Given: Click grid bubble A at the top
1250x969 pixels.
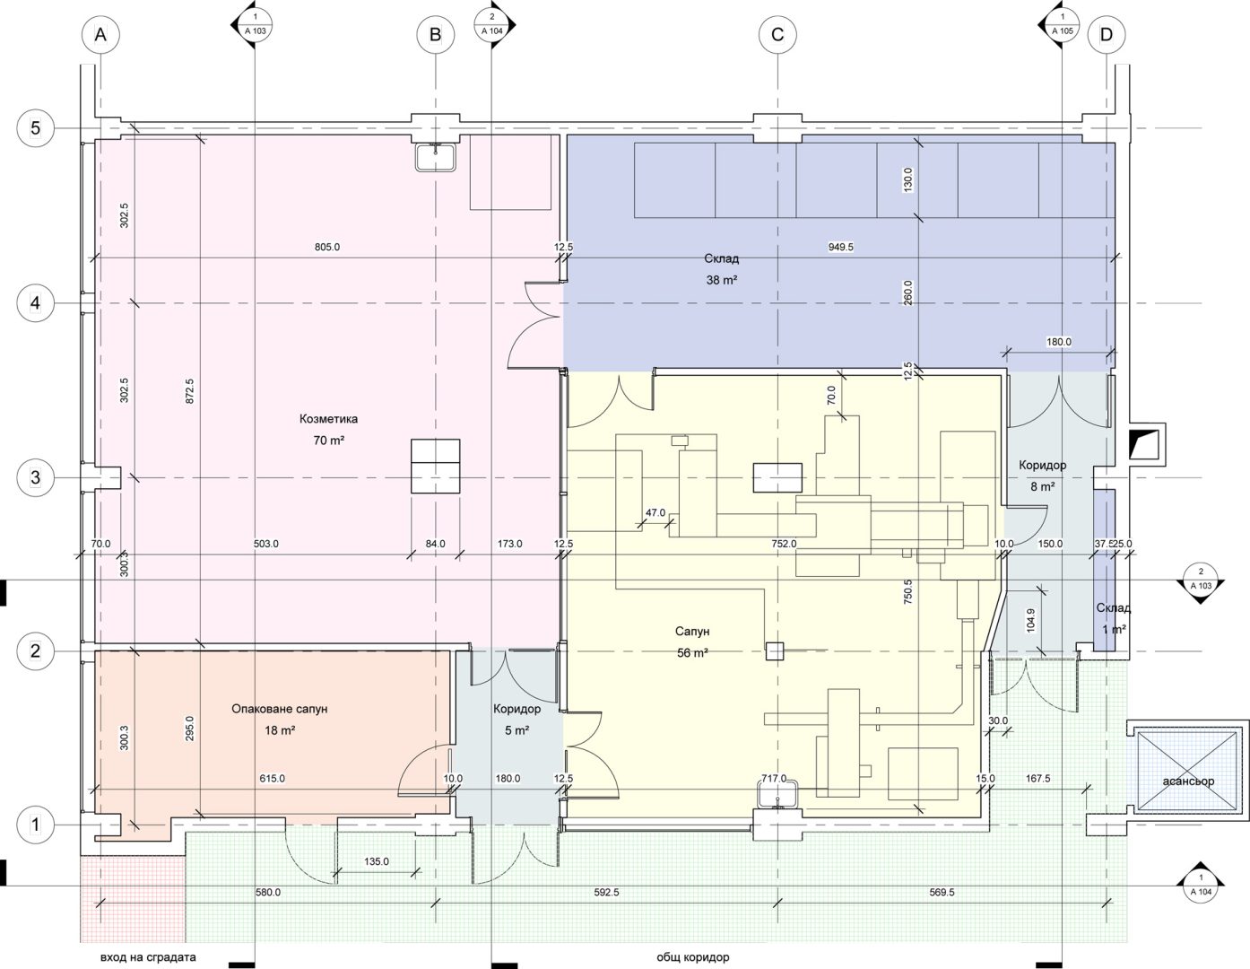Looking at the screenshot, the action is [x=100, y=35].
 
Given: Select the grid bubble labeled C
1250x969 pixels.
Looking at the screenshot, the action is [x=777, y=35].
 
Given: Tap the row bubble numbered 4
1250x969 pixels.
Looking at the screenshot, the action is [x=36, y=302].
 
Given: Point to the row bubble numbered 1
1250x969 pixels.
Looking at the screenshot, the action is [x=36, y=825].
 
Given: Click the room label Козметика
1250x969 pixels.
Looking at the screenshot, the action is [x=328, y=418].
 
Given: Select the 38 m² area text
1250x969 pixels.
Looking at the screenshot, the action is [x=721, y=280].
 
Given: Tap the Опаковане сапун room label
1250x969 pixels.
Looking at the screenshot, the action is [x=280, y=708].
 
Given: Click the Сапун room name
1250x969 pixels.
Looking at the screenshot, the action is [x=692, y=632].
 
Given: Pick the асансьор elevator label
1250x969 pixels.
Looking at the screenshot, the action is [x=1188, y=781].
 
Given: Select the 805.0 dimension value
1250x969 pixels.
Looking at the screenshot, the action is [x=327, y=247].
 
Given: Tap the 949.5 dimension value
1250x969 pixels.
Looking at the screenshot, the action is [x=840, y=247].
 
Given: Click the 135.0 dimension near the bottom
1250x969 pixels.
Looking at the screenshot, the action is [x=377, y=861].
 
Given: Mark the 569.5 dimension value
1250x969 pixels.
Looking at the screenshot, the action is [x=942, y=893].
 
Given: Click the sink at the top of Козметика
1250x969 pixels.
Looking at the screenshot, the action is [x=436, y=157].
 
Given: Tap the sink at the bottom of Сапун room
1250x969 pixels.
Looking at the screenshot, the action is [x=777, y=796].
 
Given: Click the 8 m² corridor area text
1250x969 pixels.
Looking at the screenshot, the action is [x=1042, y=487].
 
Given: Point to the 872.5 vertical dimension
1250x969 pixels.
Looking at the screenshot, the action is [x=190, y=391].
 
